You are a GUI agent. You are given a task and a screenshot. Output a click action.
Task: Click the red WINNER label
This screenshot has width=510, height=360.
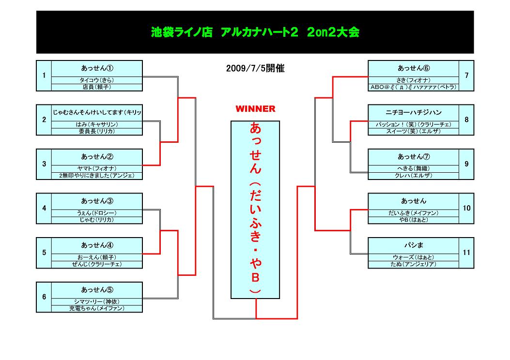tap(255, 109)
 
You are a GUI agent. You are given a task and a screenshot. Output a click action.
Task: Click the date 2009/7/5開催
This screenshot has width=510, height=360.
tap(255, 69)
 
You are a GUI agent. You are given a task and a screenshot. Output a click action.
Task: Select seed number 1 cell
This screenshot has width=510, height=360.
tap(44, 75)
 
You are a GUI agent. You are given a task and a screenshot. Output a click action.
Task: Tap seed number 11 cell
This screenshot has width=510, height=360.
tap(466, 253)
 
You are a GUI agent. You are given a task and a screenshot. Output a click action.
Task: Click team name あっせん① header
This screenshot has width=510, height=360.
tap(97, 68)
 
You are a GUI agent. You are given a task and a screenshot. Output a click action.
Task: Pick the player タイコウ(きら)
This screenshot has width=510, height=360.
tap(97, 80)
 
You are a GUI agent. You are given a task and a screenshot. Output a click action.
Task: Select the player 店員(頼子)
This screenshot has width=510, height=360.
tap(97, 87)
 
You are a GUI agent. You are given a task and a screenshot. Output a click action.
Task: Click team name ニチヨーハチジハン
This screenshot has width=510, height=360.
tap(414, 113)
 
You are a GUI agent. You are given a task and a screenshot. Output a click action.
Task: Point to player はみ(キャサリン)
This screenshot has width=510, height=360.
tap(97, 124)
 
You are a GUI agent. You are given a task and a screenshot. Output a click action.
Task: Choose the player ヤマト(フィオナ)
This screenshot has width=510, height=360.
tap(97, 168)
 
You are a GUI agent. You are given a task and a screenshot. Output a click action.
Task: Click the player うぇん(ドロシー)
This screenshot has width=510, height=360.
tap(97, 213)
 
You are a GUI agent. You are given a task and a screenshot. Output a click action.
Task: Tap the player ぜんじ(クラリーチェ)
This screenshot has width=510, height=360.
tap(97, 264)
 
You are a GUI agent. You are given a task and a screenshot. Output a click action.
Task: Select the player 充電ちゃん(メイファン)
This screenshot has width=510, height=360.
tap(97, 308)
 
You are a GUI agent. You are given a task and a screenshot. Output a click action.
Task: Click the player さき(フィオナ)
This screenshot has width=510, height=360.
tap(414, 80)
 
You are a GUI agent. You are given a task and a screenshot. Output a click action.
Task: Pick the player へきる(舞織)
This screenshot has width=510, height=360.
tap(414, 168)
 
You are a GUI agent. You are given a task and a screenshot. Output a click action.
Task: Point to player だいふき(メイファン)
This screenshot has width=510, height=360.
tap(414, 213)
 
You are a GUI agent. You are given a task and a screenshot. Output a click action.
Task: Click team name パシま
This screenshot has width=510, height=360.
tap(414, 245)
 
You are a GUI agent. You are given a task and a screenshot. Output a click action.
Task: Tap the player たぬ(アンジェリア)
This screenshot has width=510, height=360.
tap(414, 264)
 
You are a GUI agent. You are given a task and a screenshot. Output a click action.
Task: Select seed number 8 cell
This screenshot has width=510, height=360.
tap(466, 120)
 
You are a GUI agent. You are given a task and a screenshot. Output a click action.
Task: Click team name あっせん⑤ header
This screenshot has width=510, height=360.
tap(97, 290)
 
